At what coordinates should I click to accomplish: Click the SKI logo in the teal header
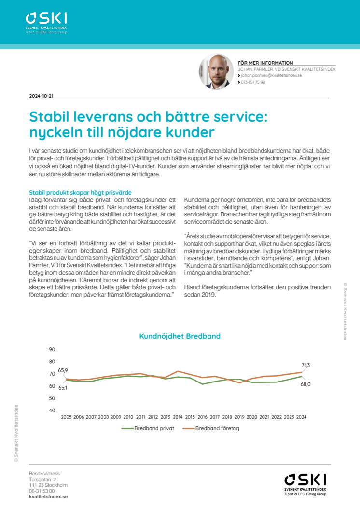point(46,21)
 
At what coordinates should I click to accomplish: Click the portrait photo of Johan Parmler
point(216,71)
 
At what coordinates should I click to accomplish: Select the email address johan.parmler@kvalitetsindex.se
point(272,76)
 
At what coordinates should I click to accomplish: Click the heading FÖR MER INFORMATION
point(265,63)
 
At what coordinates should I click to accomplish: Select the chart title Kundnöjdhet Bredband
point(180,336)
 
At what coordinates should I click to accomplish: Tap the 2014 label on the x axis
point(178,417)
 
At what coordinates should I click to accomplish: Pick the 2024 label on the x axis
point(301,417)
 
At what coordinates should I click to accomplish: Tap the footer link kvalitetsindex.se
point(48,496)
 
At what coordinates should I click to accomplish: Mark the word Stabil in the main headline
point(51,117)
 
